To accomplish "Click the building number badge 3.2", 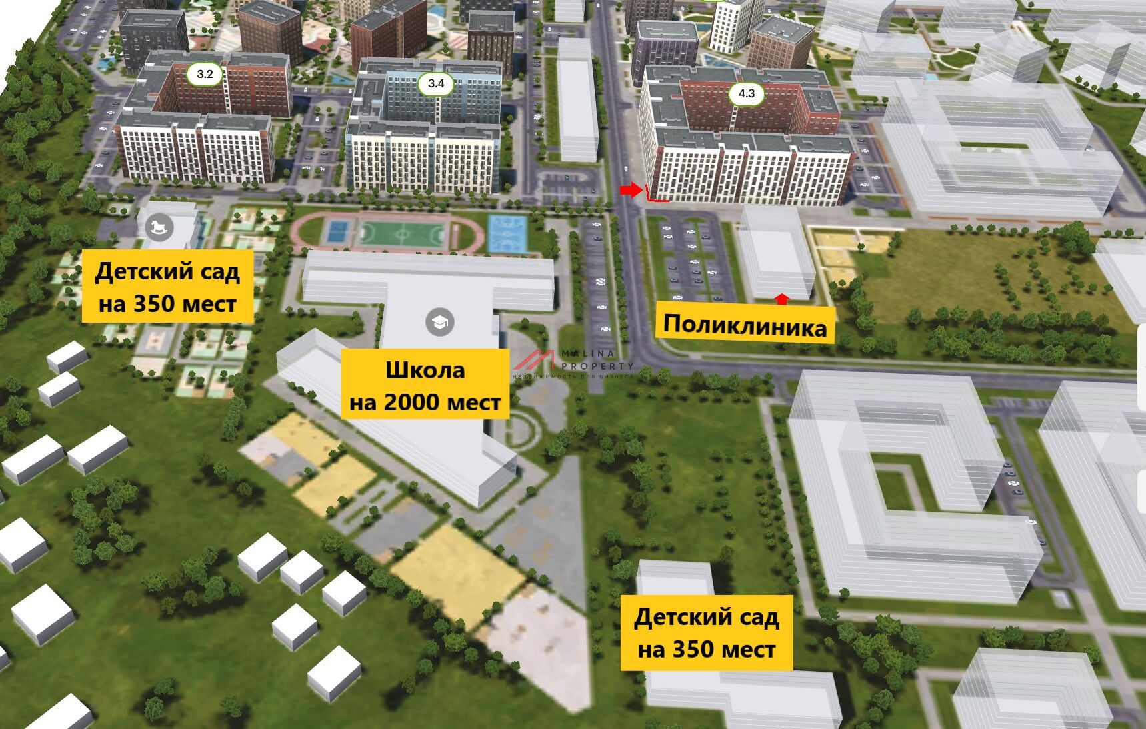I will [205, 74].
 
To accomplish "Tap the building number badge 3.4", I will [436, 83].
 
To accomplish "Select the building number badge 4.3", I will [747, 93].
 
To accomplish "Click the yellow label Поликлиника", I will [745, 325].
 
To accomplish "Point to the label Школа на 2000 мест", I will [425, 386].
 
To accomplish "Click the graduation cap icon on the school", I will [439, 323].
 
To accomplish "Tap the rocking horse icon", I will [159, 227].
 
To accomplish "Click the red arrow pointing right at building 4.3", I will [629, 191].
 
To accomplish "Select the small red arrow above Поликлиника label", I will [783, 299].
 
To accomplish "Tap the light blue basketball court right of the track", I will [507, 234].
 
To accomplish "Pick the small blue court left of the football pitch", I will [335, 232].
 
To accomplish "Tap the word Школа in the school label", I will [425, 370].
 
